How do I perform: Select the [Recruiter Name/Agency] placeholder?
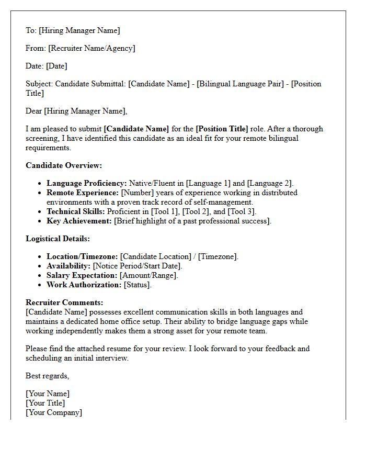[92, 48]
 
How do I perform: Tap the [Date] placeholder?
[56, 66]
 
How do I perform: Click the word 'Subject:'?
[39, 84]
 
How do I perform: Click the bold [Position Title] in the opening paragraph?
[222, 129]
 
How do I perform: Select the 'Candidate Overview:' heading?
[64, 165]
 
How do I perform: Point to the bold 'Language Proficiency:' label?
[87, 183]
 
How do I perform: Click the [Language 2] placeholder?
[270, 183]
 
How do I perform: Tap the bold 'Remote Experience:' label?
[83, 193]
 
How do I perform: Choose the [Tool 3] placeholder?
[241, 211]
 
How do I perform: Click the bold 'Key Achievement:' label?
[79, 221]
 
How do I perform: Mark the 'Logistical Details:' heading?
[58, 239]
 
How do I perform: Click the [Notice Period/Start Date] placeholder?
[138, 266]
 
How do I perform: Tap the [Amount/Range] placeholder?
[148, 275]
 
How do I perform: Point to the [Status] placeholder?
[137, 285]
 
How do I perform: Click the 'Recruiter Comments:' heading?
[64, 302]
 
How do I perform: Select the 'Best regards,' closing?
[47, 376]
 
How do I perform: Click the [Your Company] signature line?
[54, 412]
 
